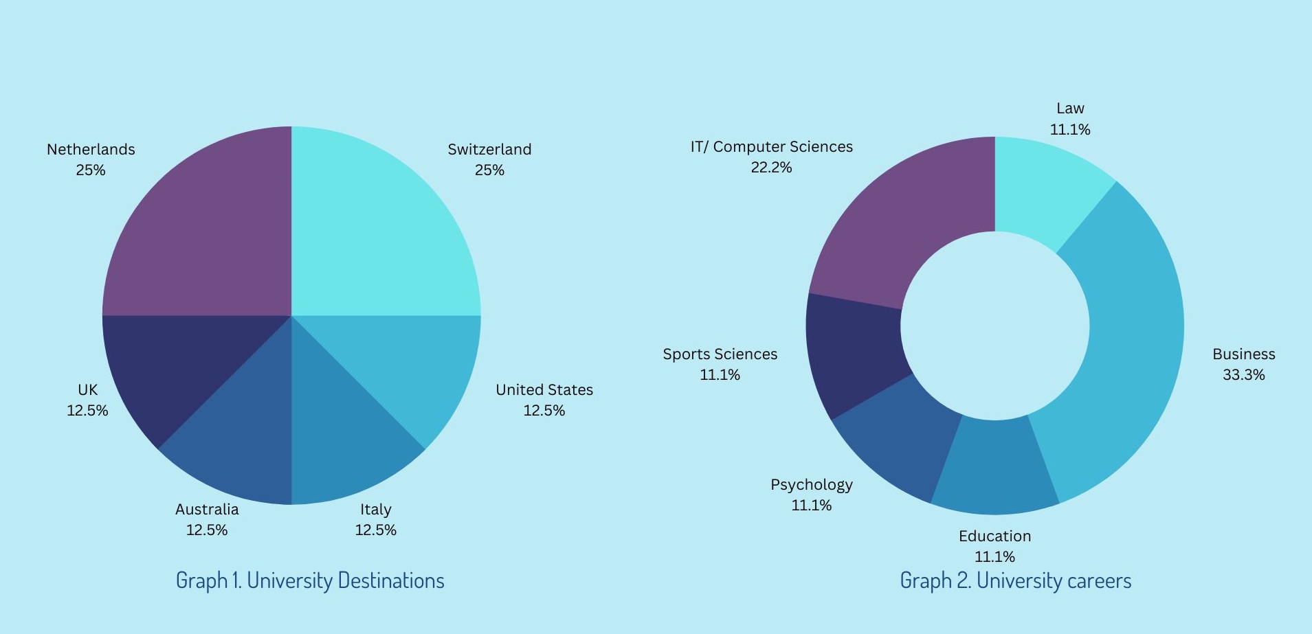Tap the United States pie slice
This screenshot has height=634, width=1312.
(419, 364)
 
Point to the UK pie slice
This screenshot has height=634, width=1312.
(165, 364)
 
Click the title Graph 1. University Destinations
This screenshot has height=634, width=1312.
(310, 580)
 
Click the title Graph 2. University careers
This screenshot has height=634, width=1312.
(1015, 580)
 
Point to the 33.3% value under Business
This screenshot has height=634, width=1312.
(1243, 375)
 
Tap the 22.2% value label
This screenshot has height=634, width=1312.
(771, 168)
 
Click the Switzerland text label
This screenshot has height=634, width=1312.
(489, 150)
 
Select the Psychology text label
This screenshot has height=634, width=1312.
(811, 485)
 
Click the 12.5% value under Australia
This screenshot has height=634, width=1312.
(206, 530)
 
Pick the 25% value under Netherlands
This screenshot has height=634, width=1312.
(91, 170)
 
